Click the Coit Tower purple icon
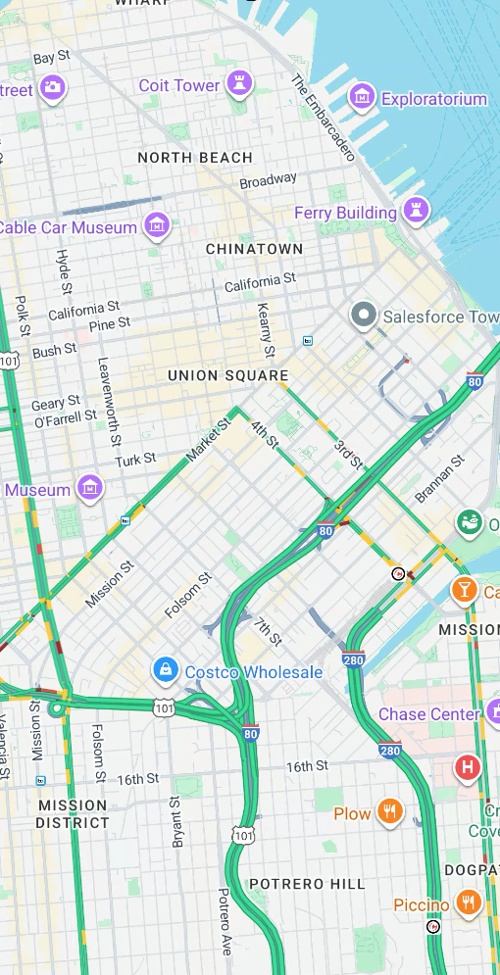(238, 84)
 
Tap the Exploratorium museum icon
(363, 97)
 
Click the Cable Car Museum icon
(156, 226)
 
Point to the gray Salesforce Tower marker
(364, 316)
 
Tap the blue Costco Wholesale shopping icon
(165, 670)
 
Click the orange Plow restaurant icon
(390, 811)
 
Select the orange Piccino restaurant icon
(469, 903)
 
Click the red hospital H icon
(468, 767)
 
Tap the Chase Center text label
(428, 714)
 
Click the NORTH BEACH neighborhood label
(195, 158)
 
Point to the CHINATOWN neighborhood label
(254, 250)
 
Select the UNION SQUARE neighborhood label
(227, 375)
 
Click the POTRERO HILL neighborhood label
(307, 884)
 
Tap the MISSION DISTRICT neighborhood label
(73, 813)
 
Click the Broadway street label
(268, 181)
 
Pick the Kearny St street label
(265, 329)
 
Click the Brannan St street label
(439, 479)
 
